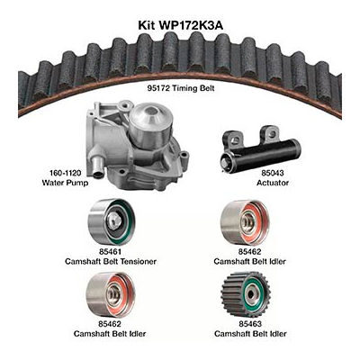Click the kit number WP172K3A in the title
(191, 25)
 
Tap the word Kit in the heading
(147, 25)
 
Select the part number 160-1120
(66, 173)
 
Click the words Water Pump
(65, 183)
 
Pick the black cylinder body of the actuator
(267, 152)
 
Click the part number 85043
(273, 173)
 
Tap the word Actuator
(273, 183)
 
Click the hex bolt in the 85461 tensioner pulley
(114, 220)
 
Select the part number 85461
(110, 251)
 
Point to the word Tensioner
(139, 261)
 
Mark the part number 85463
(250, 324)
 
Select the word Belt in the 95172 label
(208, 88)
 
